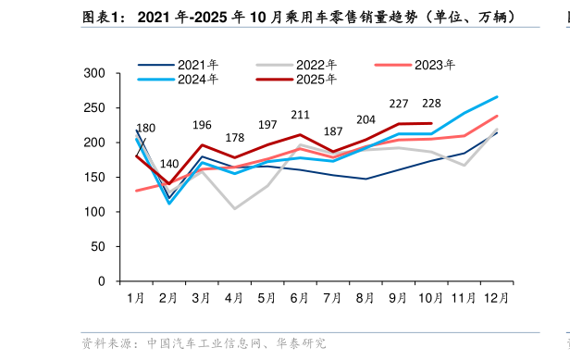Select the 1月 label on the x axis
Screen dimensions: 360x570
click(135, 298)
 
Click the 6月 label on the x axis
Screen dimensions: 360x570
click(300, 298)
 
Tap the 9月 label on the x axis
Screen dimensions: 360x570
click(399, 298)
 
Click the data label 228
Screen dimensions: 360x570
click(431, 104)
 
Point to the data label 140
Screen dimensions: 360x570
click(169, 164)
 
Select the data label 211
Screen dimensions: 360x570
click(300, 115)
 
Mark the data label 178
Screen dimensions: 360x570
click(234, 138)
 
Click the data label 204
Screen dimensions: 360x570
click(366, 119)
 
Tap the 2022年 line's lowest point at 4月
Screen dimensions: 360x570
click(234, 208)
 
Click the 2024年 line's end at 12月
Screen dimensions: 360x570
click(497, 96)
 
